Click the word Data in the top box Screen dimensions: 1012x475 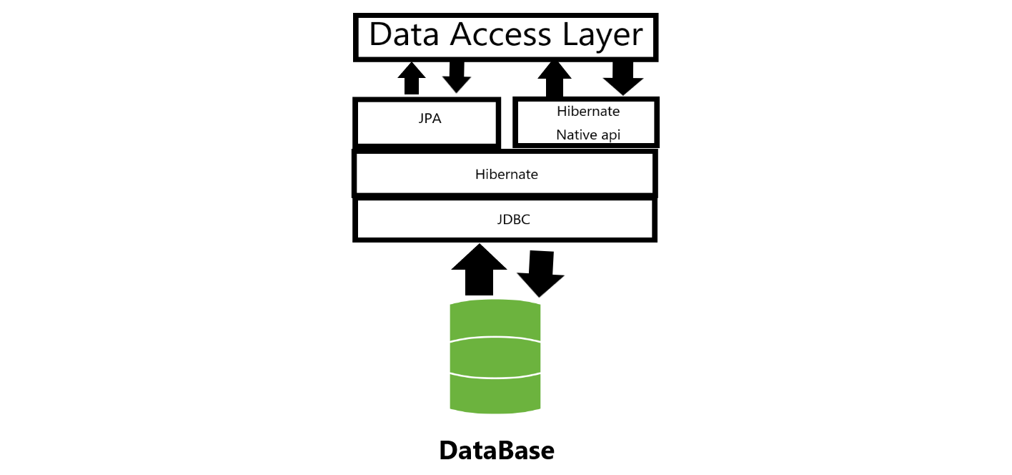[404, 34]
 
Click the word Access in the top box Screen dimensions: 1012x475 [500, 34]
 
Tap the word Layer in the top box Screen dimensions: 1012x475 [602, 35]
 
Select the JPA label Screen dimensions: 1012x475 [430, 119]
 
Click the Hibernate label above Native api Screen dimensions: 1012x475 [588, 112]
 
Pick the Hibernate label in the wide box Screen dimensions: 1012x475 [507, 174]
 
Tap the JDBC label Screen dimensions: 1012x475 [513, 220]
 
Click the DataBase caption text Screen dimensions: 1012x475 [497, 451]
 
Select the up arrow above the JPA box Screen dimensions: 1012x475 [412, 78]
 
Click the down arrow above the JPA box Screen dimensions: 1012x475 [457, 77]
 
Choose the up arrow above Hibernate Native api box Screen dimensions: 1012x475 [555, 79]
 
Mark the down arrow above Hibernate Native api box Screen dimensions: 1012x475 [623, 78]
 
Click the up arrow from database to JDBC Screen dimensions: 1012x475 [479, 270]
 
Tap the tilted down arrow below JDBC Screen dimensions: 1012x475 [540, 274]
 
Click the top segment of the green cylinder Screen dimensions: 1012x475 [495, 320]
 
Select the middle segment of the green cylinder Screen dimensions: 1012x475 [495, 358]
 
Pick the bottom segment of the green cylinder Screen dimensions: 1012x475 [495, 393]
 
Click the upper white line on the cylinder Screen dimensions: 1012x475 [495, 338]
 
